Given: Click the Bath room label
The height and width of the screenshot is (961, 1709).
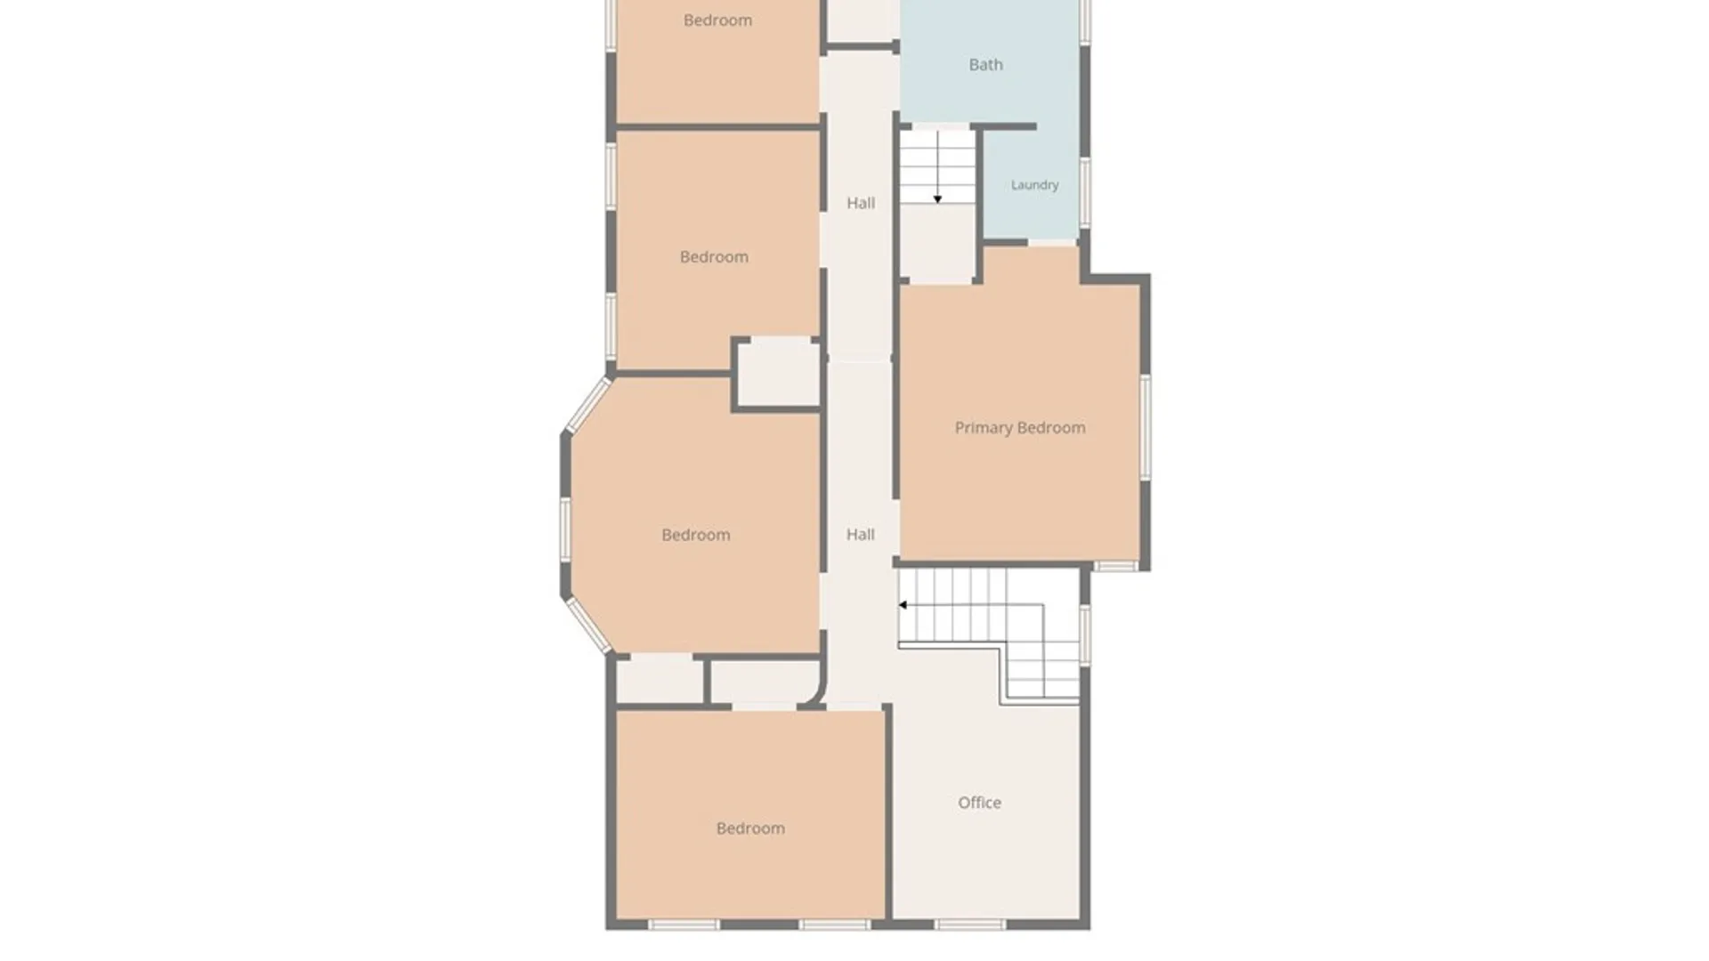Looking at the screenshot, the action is point(985,65).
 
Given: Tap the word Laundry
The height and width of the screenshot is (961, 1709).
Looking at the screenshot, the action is point(1034,185).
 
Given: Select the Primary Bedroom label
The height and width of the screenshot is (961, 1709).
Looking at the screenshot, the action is point(1020,428).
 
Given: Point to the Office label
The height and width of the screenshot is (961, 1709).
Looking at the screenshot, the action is point(979,803).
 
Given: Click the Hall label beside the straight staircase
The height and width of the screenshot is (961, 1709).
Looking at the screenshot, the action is point(861,203).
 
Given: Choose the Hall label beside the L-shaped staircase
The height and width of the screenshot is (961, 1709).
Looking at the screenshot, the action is point(861,535).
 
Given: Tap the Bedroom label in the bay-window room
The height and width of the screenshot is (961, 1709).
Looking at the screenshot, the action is point(696,535).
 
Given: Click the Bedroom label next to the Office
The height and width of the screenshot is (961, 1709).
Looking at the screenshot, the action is point(750,828).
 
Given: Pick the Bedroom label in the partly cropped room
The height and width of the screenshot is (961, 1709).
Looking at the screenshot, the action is point(717,20).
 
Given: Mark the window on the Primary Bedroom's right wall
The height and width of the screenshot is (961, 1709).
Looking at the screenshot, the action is point(1146,428).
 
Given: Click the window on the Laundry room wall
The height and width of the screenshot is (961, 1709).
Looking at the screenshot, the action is point(1085,191).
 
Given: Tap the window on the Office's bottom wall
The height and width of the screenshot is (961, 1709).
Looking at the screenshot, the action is point(970,925).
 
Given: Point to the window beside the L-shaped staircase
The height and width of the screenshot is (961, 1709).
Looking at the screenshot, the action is point(1085,634).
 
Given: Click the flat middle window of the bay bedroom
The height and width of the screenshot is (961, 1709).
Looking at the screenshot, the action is point(565,529).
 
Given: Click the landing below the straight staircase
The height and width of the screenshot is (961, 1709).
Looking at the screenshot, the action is point(936,244).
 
